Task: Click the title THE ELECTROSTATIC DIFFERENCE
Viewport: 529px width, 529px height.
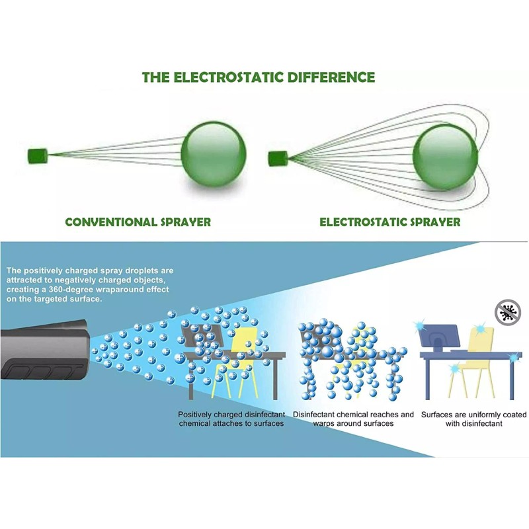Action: pos(259,77)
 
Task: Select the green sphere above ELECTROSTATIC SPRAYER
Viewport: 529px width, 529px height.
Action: pos(444,157)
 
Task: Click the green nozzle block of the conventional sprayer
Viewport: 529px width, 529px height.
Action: pos(37,157)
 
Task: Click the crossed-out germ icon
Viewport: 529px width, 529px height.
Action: pos(508,311)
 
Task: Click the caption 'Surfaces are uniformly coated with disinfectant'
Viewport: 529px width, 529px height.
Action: pos(474,419)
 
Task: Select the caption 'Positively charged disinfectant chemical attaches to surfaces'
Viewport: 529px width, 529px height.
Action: pos(231,419)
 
